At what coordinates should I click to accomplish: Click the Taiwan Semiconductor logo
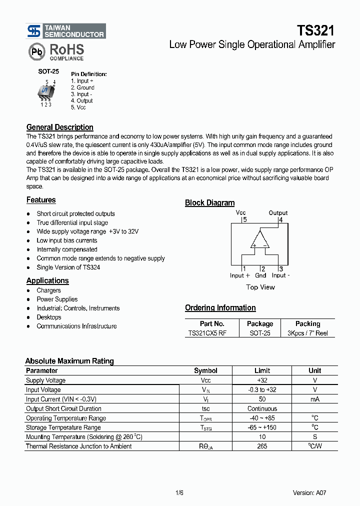point(65,31)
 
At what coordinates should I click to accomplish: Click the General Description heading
point(59,127)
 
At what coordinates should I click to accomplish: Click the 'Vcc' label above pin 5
point(240,212)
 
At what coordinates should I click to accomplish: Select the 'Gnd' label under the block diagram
point(260,275)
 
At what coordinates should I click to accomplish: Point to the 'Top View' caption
point(260,287)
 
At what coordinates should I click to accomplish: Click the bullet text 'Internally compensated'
point(67,249)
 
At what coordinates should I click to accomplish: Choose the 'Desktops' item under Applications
point(49,317)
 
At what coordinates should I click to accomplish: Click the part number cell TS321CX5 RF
point(207,333)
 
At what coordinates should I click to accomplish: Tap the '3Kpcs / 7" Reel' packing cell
point(307,333)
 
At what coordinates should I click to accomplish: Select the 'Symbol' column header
point(205,370)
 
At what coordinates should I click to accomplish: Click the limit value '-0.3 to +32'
point(262,389)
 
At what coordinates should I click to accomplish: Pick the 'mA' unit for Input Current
point(314,399)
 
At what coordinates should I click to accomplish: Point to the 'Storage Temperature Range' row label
point(63,427)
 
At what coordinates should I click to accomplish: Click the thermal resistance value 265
point(262,446)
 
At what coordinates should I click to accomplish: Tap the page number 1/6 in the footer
point(180,492)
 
